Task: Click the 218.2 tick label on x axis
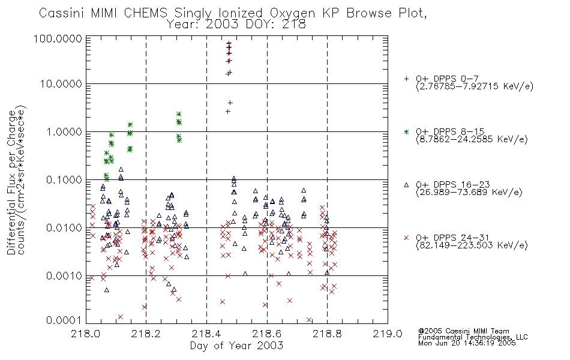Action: (x=146, y=334)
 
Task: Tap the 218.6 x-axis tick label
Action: (x=267, y=334)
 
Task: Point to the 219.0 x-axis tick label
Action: (x=388, y=334)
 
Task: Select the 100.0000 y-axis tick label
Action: (x=58, y=38)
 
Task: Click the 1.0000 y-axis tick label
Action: (x=64, y=131)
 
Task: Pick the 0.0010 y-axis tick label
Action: (x=64, y=276)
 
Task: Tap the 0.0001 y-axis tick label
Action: (x=64, y=320)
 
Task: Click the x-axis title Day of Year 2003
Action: (x=236, y=346)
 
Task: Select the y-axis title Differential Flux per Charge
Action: (x=11, y=182)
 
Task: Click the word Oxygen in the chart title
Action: (x=292, y=13)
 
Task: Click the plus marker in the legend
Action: (x=406, y=79)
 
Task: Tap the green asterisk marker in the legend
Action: (x=406, y=131)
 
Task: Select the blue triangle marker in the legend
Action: (x=406, y=185)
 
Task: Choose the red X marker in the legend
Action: (x=406, y=238)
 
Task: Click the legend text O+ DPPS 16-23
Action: (x=453, y=185)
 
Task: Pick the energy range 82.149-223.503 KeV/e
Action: (x=472, y=245)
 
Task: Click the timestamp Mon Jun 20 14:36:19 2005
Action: (x=467, y=343)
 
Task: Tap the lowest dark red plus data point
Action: (x=228, y=111)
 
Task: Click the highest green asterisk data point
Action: (x=179, y=114)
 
